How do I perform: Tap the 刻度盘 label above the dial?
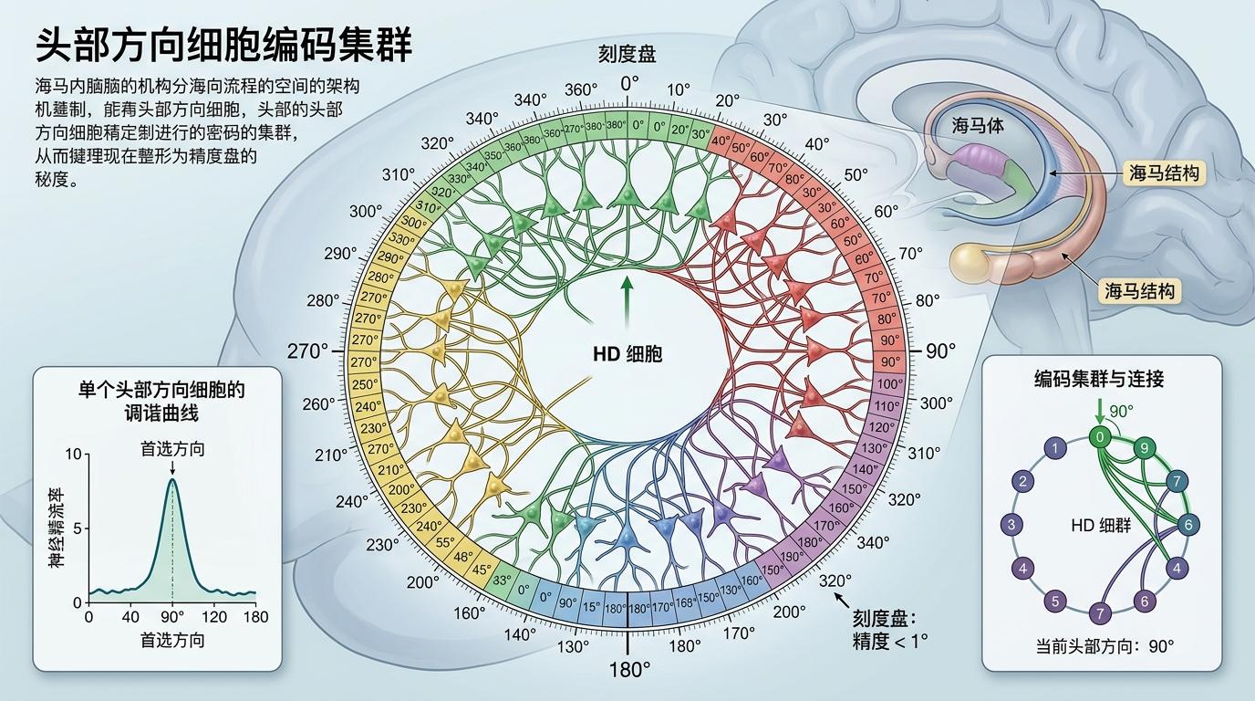(x=627, y=54)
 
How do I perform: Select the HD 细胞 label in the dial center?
(x=627, y=354)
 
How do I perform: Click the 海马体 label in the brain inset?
(x=978, y=127)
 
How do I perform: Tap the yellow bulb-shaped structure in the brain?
(x=970, y=262)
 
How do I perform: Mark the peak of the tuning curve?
(x=172, y=481)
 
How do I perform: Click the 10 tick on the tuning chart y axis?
(x=74, y=455)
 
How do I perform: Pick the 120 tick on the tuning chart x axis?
(x=214, y=617)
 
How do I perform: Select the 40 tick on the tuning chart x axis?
(x=131, y=617)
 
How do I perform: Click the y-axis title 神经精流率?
(x=56, y=529)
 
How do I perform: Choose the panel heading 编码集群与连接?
(x=1099, y=379)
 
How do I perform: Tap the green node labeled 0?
(x=1101, y=437)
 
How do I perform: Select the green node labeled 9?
(x=1145, y=448)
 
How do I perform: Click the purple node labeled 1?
(x=1055, y=448)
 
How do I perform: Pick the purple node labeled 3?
(x=1011, y=525)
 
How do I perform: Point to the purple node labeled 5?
(x=1055, y=601)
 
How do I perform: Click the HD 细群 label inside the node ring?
(x=1101, y=527)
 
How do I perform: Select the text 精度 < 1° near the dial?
(x=889, y=641)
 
